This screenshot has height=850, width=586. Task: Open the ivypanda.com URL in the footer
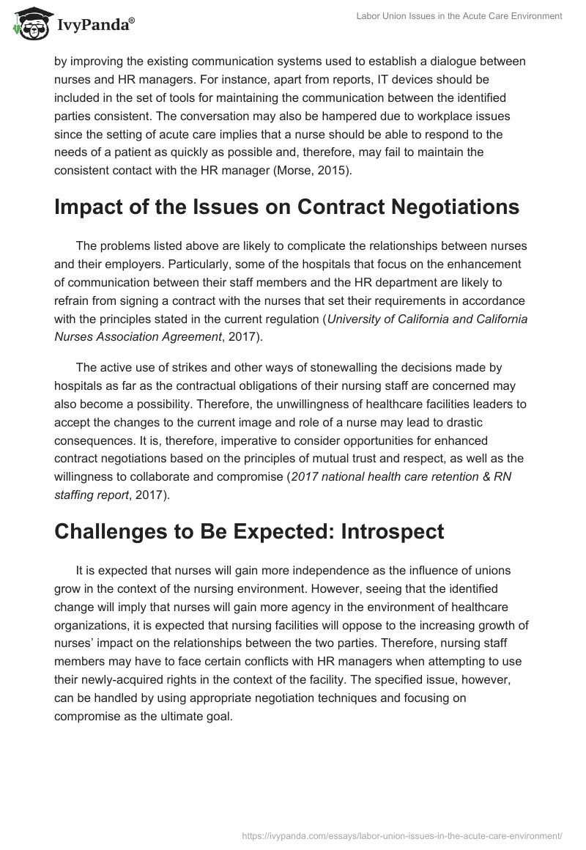click(x=401, y=834)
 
